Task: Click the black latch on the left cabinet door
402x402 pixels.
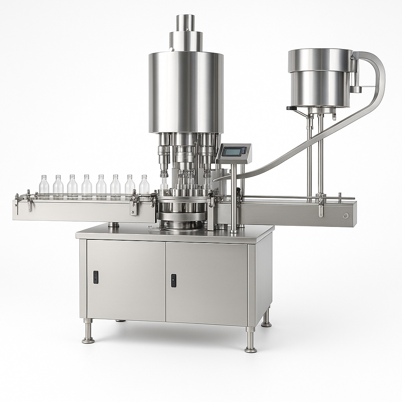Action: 95,277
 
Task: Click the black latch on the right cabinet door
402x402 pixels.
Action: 173,280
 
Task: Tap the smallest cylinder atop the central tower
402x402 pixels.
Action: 185,23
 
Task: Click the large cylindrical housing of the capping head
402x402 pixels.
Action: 186,92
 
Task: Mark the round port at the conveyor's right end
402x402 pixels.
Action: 345,216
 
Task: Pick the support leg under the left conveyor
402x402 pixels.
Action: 113,225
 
